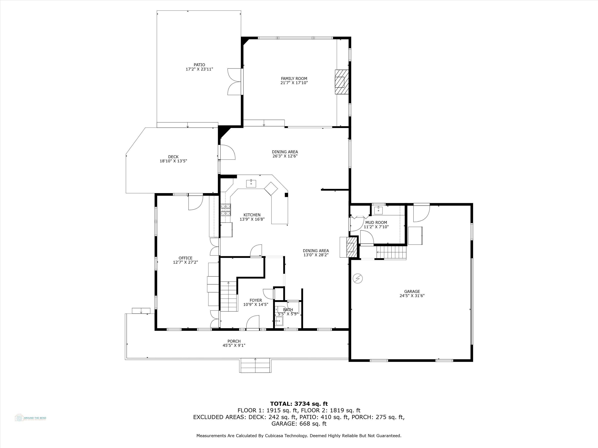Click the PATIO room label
tap(199, 65)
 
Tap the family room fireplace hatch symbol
tap(341, 82)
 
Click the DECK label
tap(173, 157)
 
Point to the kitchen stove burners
tap(226, 209)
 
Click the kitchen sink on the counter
tap(251, 183)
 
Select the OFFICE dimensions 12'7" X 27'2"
tap(185, 262)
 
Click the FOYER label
tap(256, 300)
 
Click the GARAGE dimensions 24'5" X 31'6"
tap(412, 296)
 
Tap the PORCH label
tap(234, 341)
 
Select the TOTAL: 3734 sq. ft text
tap(299, 404)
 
